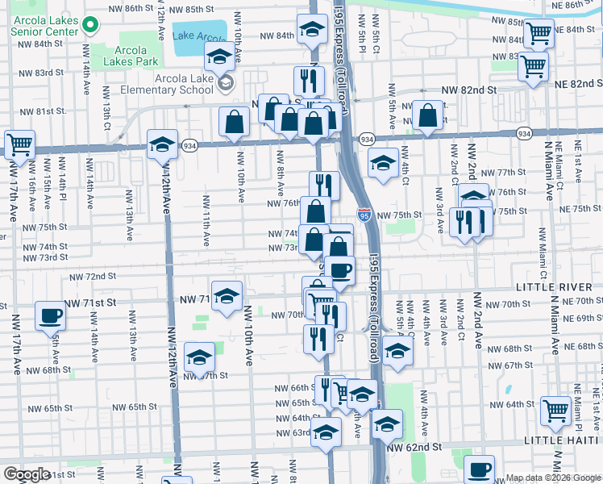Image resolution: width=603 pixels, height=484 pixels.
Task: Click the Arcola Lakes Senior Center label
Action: [40, 23]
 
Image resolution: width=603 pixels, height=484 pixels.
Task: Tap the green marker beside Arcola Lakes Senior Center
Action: [89, 26]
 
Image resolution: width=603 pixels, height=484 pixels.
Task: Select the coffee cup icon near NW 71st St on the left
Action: [50, 315]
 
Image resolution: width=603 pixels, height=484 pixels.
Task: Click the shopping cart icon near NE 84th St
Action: [538, 34]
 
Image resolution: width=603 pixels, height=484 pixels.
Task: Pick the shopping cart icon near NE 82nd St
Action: [533, 65]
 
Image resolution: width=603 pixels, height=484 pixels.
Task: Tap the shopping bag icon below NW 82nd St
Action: [428, 115]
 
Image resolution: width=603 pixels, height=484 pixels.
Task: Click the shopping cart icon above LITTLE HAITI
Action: [555, 411]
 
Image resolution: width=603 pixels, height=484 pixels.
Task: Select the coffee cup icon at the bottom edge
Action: [480, 468]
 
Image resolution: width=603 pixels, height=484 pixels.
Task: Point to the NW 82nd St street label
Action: [468, 92]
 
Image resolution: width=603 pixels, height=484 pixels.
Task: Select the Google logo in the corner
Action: [27, 474]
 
